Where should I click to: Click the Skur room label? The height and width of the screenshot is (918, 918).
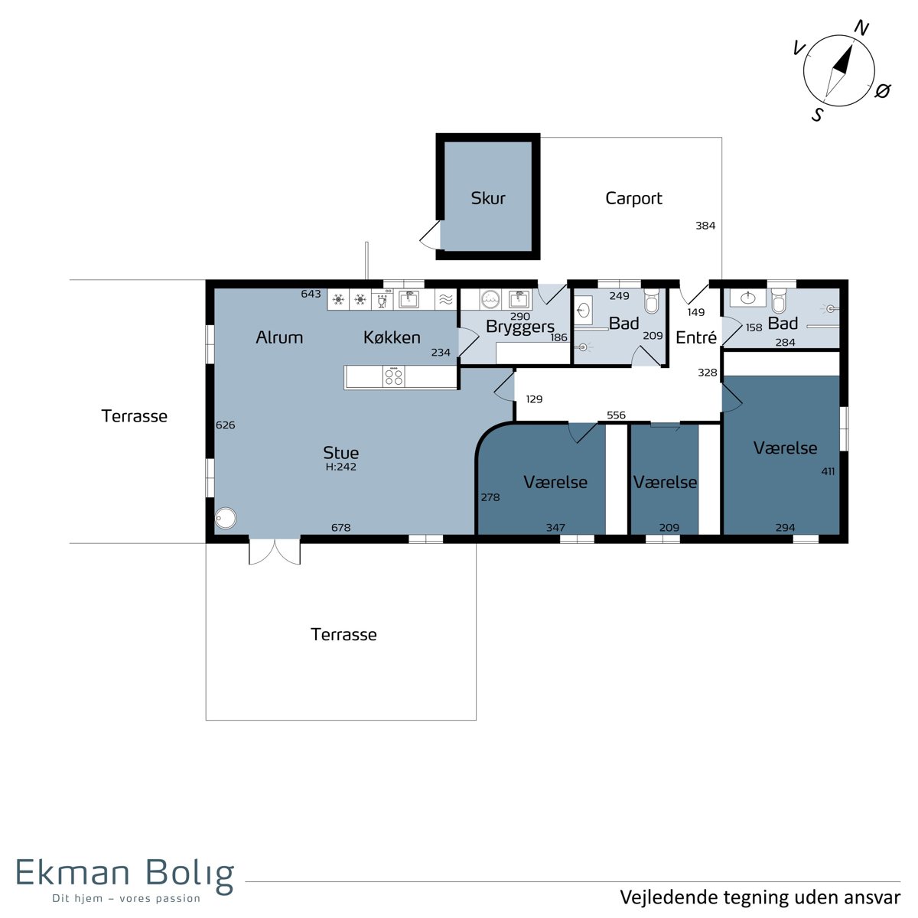point(488,197)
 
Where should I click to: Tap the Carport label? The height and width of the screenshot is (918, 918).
point(633,198)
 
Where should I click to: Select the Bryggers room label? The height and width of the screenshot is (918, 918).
point(520,327)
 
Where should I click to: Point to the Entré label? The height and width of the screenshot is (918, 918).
point(695,337)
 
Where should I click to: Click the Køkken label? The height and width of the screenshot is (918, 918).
point(392,337)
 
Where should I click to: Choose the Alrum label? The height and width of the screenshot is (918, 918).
point(279,337)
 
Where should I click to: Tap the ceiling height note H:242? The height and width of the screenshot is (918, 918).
point(340,467)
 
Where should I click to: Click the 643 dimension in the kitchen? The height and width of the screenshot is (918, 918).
point(311,294)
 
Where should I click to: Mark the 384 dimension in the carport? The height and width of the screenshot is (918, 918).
point(705,226)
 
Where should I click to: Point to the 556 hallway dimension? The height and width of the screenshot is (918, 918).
point(616,415)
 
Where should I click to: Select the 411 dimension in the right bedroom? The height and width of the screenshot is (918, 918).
point(828,472)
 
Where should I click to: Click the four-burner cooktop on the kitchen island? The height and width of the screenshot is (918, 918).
point(394,376)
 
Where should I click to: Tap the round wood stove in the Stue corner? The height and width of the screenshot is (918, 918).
point(226,519)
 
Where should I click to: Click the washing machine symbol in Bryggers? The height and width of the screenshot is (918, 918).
point(490,300)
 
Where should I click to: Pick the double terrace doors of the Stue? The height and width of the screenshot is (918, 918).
point(275,552)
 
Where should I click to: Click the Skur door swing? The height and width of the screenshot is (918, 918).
point(430,234)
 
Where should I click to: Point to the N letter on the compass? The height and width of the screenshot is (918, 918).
point(861,28)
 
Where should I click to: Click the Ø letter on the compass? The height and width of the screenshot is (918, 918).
point(882,90)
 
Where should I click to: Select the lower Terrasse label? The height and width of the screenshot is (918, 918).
point(343,634)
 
